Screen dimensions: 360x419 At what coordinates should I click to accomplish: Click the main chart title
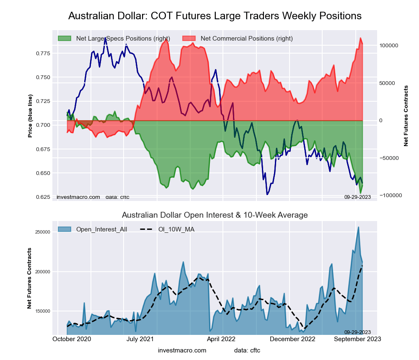tap(215, 16)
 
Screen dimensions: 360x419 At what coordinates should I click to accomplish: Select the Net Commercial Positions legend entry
tap(246, 39)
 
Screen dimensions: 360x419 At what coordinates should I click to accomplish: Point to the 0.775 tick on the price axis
tap(41, 54)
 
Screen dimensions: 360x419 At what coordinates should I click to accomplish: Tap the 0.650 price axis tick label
tap(41, 173)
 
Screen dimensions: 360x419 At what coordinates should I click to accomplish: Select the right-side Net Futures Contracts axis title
tap(406, 116)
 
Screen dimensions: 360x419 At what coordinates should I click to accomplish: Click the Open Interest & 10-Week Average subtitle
tap(215, 215)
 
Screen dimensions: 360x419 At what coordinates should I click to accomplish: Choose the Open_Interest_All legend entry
tap(101, 229)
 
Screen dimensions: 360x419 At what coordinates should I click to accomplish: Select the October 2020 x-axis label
tap(72, 339)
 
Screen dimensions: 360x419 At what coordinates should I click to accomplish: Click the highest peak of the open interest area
tap(359, 227)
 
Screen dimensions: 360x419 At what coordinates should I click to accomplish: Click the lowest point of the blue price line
tap(267, 195)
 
